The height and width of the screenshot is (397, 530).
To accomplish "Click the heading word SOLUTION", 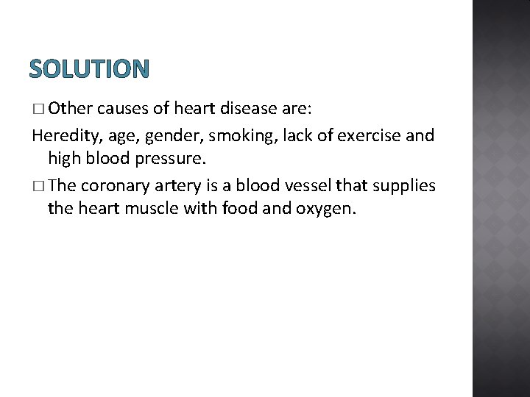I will (89, 69).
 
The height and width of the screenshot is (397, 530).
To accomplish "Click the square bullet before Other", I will (38, 110).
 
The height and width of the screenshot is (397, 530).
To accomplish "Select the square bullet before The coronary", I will (38, 186).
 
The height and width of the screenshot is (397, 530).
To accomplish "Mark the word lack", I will (277, 135).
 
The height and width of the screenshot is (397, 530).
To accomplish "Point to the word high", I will (64, 159).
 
